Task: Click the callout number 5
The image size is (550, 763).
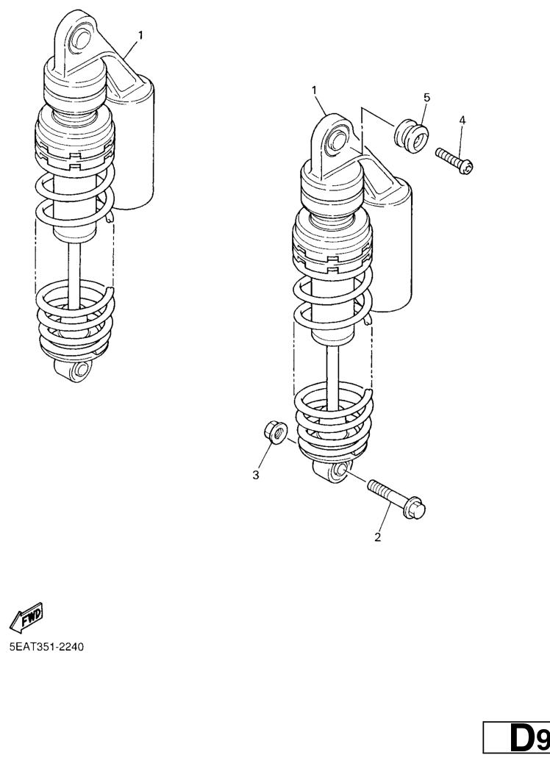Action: (x=427, y=98)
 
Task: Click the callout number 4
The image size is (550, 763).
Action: (x=462, y=121)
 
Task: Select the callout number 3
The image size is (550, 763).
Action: (x=256, y=476)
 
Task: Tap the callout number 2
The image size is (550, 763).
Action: (x=377, y=537)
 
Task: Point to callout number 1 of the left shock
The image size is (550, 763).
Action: (x=140, y=35)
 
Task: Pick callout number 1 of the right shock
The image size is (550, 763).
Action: (x=314, y=90)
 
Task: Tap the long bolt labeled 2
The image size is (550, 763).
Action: (x=396, y=498)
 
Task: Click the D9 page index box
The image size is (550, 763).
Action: (x=517, y=738)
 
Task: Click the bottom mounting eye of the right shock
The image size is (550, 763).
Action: (x=332, y=471)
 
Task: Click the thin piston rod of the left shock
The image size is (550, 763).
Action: (x=73, y=275)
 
